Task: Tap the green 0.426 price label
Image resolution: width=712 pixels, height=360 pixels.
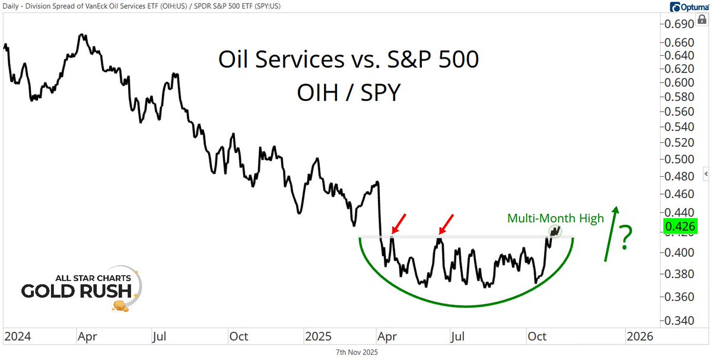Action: (681, 226)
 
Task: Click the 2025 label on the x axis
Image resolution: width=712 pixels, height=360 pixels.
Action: (319, 336)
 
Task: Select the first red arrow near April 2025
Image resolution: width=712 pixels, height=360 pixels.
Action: (399, 226)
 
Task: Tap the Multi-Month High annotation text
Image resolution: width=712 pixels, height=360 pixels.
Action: (555, 218)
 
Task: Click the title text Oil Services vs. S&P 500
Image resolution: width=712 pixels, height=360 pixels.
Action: (348, 60)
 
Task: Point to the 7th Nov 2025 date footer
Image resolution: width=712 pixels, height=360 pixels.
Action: (356, 352)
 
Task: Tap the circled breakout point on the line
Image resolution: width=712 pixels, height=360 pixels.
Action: (555, 231)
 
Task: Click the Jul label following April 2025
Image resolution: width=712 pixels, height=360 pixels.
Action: (457, 336)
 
